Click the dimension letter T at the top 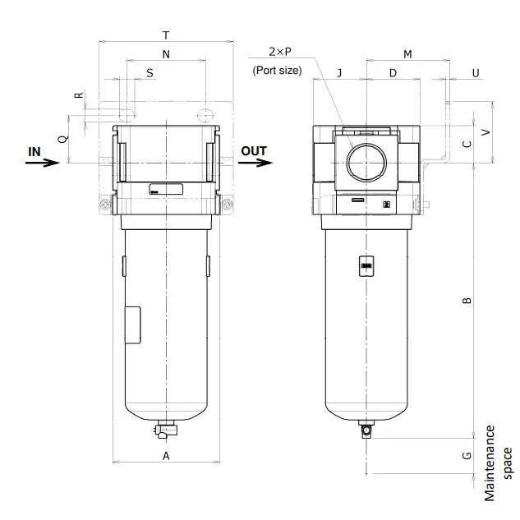[x=167, y=35]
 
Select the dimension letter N [x=167, y=54]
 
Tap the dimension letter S [x=149, y=73]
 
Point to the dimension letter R [x=79, y=94]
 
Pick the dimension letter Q [x=63, y=140]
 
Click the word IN [x=35, y=152]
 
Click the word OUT [x=254, y=151]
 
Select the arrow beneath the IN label [x=42, y=163]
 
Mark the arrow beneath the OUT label [x=256, y=163]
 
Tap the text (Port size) [x=277, y=71]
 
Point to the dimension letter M [x=407, y=54]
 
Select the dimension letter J [x=339, y=73]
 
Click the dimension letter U [x=476, y=73]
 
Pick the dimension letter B [x=467, y=301]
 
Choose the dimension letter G [x=467, y=455]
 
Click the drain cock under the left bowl [x=165, y=428]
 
